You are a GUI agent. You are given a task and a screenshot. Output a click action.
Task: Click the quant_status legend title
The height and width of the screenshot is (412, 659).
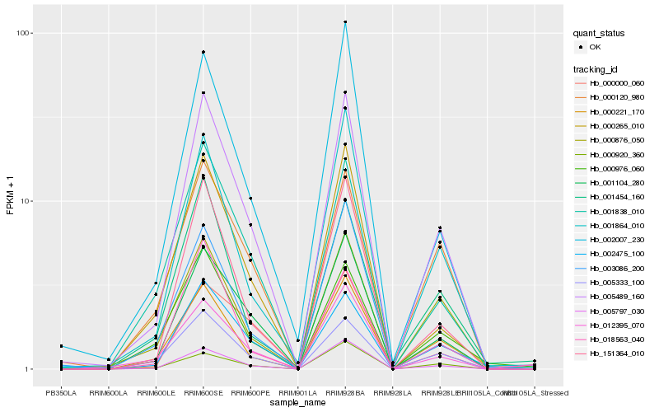(599, 33)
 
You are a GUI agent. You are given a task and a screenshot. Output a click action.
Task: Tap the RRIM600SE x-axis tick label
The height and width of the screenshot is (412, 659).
(203, 393)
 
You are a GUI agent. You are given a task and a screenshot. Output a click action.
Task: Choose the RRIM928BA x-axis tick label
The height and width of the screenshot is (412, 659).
(345, 393)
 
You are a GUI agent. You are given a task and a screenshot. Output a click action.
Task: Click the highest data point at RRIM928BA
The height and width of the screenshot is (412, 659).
(345, 22)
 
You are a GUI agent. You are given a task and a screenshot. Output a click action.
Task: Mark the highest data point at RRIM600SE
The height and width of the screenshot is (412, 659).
(203, 53)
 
